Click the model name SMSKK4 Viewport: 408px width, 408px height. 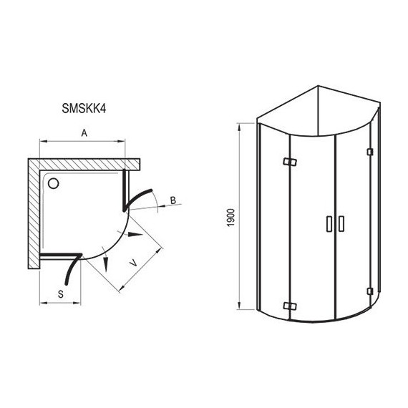pos(84,109)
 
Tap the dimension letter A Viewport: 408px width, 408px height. pos(84,133)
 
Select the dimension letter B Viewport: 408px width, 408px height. pos(173,200)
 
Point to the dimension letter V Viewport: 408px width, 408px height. pos(133,263)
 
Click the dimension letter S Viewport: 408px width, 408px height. pos(61,294)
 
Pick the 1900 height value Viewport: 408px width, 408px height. pos(230,218)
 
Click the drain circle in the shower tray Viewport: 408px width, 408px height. pos(54,183)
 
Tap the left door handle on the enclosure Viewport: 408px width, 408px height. pos(329,223)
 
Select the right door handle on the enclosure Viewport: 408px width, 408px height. pos(341,223)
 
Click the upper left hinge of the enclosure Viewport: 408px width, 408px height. pos(290,162)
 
